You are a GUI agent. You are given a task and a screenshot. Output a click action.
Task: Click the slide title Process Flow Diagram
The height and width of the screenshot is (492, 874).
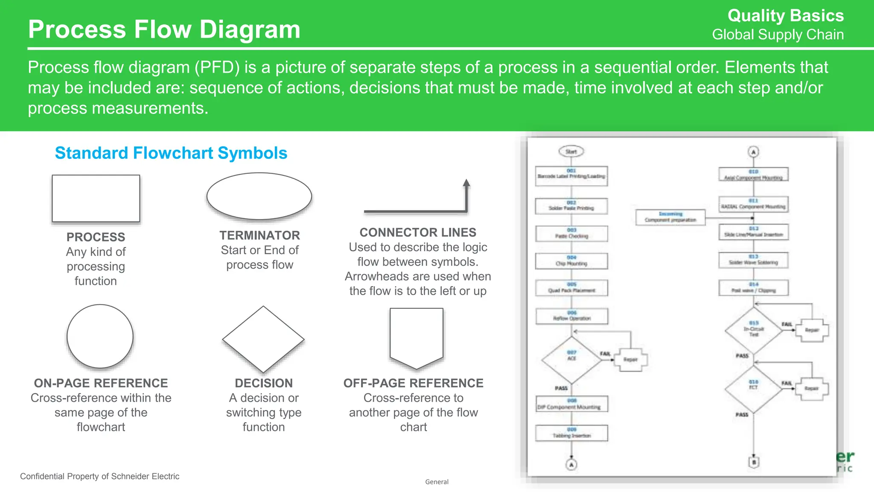[164, 29]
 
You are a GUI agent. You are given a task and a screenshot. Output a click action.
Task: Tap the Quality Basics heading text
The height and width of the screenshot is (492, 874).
[785, 16]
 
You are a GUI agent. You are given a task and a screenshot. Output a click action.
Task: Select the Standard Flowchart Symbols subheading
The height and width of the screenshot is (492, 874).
[171, 153]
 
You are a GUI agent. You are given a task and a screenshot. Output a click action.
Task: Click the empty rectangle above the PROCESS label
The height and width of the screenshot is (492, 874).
[96, 198]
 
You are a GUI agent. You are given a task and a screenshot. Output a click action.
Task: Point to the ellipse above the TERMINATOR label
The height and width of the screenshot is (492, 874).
[259, 196]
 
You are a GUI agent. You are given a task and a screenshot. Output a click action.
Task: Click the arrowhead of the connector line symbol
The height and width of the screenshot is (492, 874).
[466, 183]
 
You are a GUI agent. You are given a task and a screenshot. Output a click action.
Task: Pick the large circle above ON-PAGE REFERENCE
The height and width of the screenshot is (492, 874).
[100, 336]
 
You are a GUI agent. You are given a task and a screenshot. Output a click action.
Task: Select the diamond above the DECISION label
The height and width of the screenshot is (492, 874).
[263, 340]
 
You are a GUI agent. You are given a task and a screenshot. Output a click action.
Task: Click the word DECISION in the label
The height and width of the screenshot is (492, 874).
[264, 383]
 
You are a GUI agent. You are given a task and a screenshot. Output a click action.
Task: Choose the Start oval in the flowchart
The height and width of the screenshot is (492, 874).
[571, 152]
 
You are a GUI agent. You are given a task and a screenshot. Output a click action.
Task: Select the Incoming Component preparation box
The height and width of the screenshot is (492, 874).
[670, 217]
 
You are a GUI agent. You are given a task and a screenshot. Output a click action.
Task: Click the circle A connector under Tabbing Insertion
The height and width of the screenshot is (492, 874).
[571, 464]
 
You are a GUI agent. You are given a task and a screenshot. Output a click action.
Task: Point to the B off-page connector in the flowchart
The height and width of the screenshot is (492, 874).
[754, 462]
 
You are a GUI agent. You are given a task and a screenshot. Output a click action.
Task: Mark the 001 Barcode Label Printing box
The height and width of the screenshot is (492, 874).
[571, 176]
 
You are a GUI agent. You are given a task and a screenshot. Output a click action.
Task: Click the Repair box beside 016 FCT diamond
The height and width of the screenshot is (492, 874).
[811, 389]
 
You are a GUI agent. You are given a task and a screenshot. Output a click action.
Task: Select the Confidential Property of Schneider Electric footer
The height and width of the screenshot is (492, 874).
[99, 476]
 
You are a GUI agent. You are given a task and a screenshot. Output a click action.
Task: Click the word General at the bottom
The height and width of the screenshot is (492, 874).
[437, 482]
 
